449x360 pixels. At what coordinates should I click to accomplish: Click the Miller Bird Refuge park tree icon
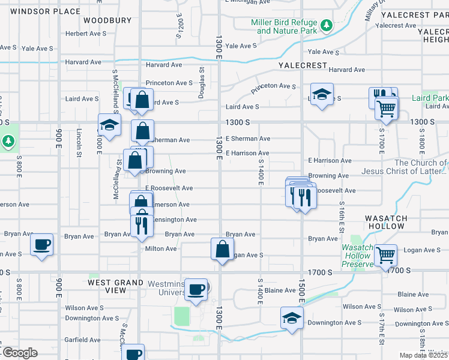coord(326,25)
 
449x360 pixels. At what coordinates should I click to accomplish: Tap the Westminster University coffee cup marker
coord(196,290)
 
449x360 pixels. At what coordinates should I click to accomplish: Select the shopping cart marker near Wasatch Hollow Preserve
coord(385,255)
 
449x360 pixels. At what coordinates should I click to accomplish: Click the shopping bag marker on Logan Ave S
coord(222,248)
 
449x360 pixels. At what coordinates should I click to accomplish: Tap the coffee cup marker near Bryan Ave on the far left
coord(42,244)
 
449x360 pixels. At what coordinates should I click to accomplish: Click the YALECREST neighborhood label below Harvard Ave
coord(302,65)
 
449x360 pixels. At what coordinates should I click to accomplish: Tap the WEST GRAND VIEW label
coord(116,286)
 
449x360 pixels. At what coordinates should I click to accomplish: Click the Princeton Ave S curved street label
coord(274,87)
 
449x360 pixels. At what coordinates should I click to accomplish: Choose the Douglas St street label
coord(202,79)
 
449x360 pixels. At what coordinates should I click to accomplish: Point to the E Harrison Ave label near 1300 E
coord(247,153)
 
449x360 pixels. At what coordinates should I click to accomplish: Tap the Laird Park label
coord(430,98)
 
